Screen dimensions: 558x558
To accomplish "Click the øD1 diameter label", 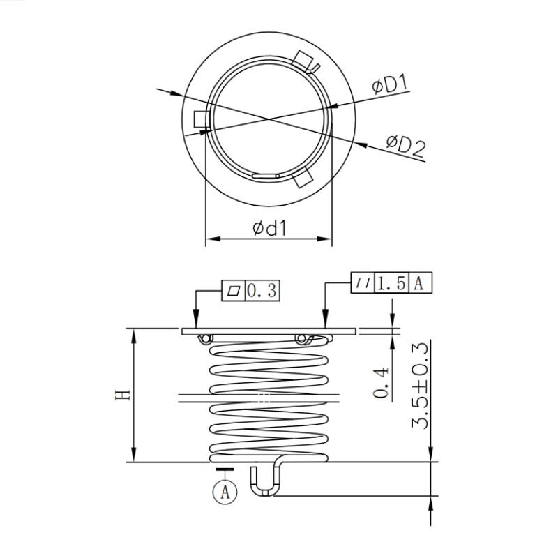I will [389, 86].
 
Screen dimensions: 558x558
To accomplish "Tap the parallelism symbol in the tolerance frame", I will [362, 283].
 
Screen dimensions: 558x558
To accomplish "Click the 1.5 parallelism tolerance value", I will [391, 283].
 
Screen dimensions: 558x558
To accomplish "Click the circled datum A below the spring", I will [225, 491].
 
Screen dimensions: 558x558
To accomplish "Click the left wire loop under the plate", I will [206, 339].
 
